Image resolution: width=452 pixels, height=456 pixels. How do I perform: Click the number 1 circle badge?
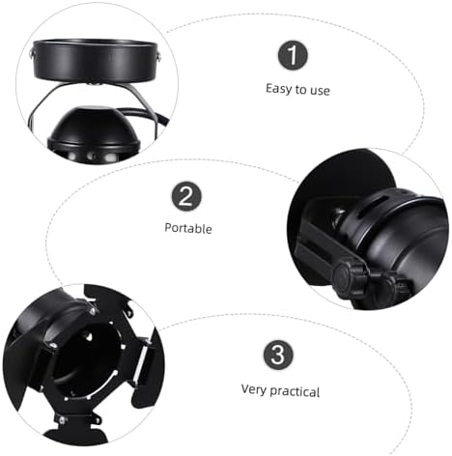coord(294,56)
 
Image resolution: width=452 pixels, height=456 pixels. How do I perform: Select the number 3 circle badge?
coord(279,355)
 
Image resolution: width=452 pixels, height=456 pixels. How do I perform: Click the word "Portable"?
coord(187,229)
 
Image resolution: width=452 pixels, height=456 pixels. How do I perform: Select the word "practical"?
coord(295,390)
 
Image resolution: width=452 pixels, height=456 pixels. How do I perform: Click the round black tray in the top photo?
coord(94,61)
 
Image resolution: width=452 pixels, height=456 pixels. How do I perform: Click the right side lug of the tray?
coord(154,62)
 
